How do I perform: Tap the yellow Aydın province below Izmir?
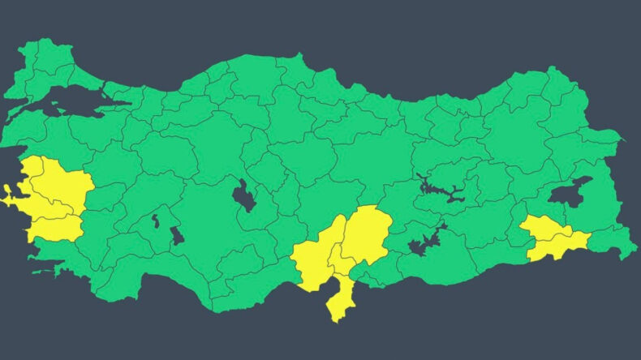click(57, 229)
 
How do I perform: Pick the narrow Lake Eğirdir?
click(155, 221)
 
